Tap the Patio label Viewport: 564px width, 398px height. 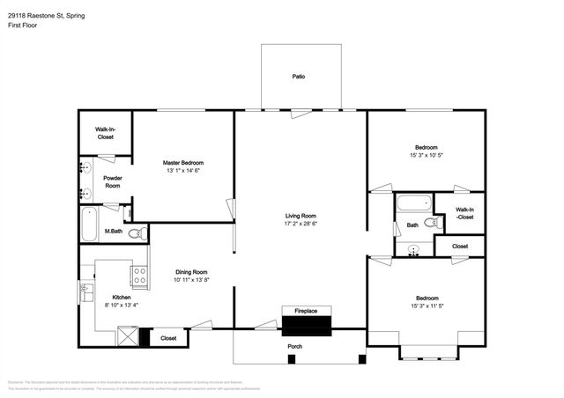click(299, 77)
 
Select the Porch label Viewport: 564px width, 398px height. click(295, 346)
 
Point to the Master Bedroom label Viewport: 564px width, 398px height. click(183, 163)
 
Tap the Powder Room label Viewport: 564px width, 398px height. click(113, 182)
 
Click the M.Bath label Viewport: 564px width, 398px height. click(113, 232)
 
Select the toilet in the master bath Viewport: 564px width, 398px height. click(137, 233)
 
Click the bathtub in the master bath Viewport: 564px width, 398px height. click(90, 225)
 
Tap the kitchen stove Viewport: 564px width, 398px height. click(139, 275)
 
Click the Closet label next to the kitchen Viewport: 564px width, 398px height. click(168, 337)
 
